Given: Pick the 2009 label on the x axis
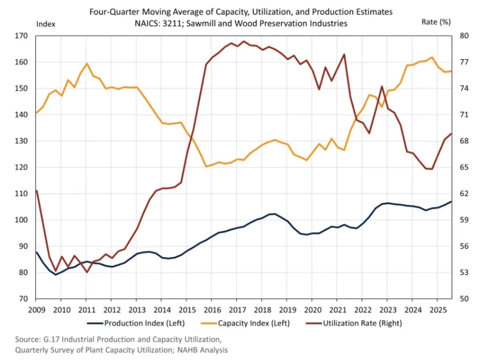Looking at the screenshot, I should (x=36, y=309).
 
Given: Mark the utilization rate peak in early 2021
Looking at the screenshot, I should (x=344, y=55).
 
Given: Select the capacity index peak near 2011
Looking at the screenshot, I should (x=87, y=63).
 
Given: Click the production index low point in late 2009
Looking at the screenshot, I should (x=56, y=274).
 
